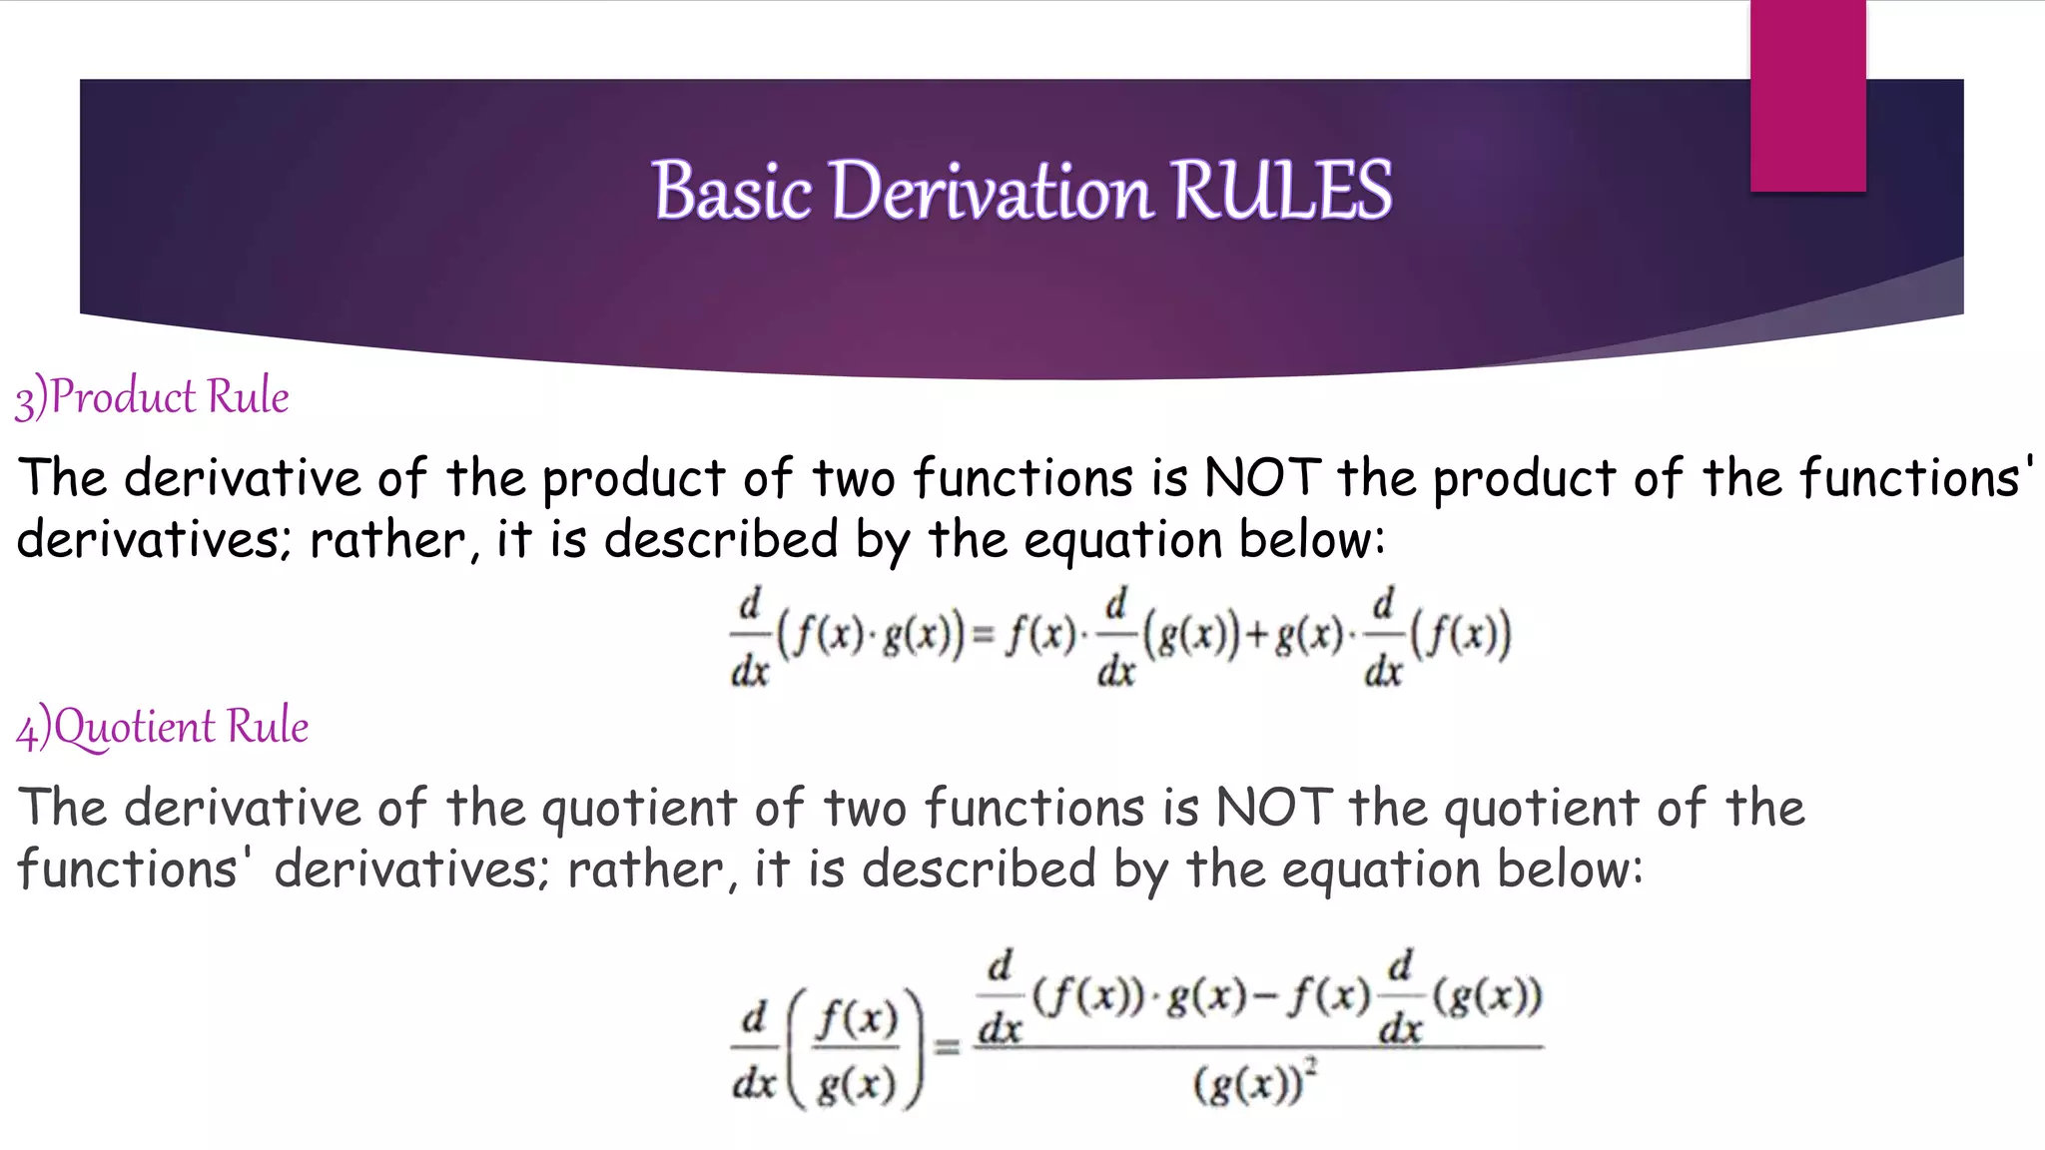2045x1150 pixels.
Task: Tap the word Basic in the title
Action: [732, 190]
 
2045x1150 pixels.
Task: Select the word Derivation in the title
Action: [991, 190]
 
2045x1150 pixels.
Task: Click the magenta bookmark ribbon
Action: [1807, 96]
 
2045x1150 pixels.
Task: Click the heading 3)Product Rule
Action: [152, 397]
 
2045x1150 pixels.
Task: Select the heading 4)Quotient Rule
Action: [162, 727]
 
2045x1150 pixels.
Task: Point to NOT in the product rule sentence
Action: [1263, 477]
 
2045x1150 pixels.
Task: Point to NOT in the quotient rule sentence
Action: [1274, 807]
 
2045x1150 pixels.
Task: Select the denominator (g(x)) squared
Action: [1254, 1084]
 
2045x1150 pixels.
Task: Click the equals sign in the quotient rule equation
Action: [947, 1046]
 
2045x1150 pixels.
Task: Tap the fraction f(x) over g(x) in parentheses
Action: [857, 1050]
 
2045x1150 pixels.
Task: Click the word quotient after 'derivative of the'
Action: [639, 809]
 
